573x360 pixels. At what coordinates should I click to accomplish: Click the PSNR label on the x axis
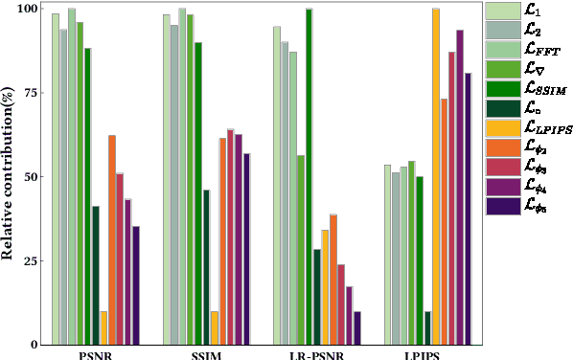tap(95, 354)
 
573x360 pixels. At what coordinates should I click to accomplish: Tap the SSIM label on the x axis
tap(206, 354)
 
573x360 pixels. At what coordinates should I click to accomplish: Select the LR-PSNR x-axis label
tap(316, 354)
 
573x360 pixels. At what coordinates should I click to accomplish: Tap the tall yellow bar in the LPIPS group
tap(436, 176)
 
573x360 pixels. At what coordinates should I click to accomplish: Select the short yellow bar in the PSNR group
tap(103, 327)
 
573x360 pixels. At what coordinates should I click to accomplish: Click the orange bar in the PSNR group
tap(112, 239)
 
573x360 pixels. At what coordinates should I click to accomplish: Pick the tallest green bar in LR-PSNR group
tap(309, 176)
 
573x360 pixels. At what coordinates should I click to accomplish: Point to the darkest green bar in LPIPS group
tap(427, 327)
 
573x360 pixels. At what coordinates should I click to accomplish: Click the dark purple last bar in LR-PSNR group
tap(357, 327)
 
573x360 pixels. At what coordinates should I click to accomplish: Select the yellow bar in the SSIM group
tap(215, 327)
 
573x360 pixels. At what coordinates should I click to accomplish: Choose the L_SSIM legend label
tap(541, 89)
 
